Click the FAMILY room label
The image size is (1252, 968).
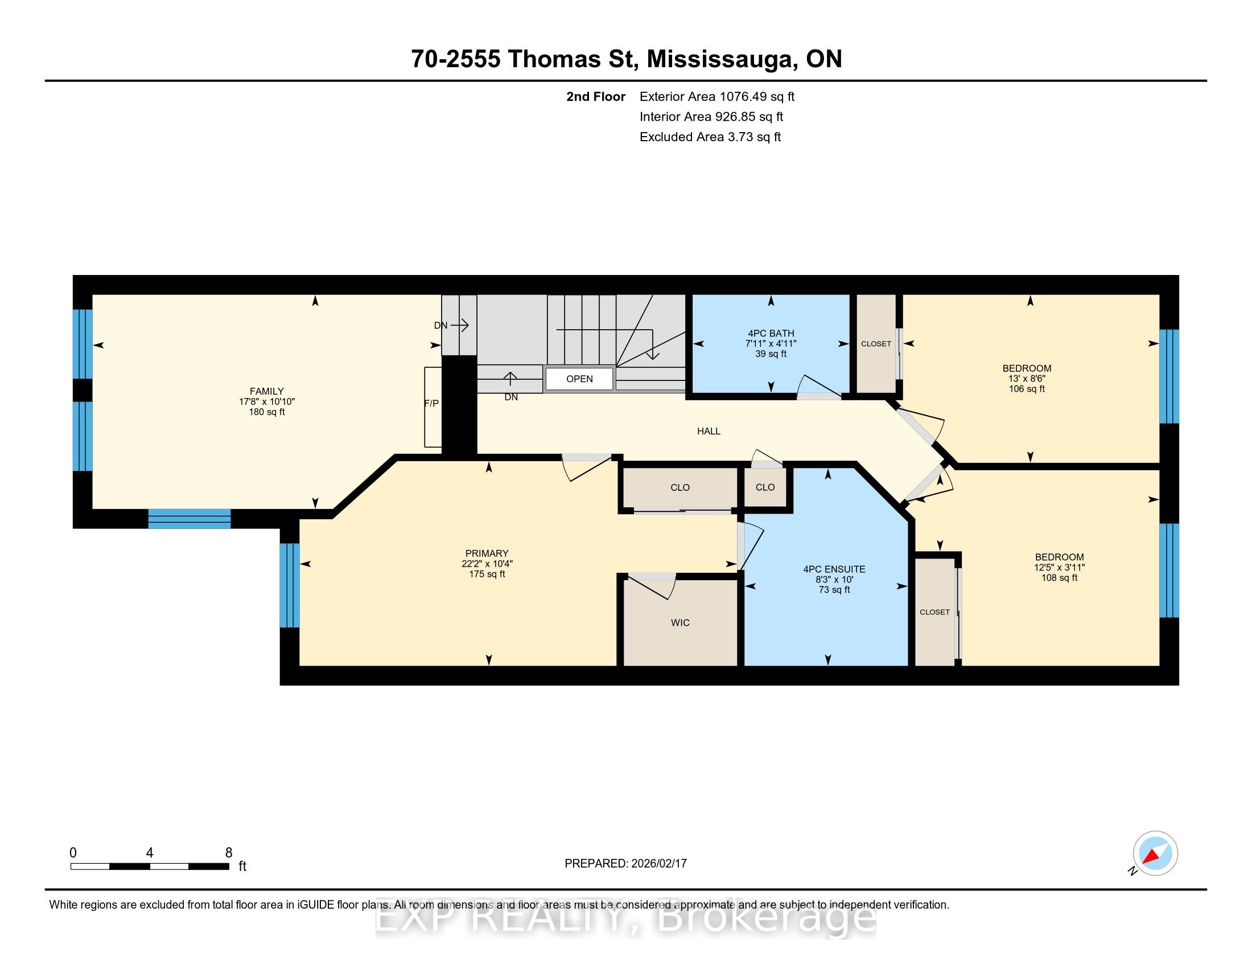click(x=266, y=391)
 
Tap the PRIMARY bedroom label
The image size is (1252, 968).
click(x=487, y=553)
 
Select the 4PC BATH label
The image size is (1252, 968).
click(x=771, y=333)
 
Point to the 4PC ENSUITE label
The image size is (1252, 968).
click(x=834, y=569)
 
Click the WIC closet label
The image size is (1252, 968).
click(x=681, y=623)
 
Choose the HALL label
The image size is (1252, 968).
click(x=709, y=431)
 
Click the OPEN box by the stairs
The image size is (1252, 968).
click(x=579, y=379)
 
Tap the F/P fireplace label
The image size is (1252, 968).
click(x=431, y=404)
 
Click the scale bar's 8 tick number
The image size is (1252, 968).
click(x=229, y=853)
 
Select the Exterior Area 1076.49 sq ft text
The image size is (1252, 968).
click(x=717, y=97)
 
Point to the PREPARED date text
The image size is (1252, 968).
click(x=625, y=864)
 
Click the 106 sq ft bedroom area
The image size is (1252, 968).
click(x=1027, y=389)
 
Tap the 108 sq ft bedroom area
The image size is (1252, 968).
click(x=1060, y=578)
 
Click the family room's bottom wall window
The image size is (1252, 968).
click(x=189, y=518)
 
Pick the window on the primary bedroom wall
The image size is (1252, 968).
click(x=290, y=585)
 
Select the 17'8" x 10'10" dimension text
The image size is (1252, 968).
click(x=266, y=402)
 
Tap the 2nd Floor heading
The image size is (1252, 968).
click(x=596, y=97)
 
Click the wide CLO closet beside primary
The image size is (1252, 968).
click(x=680, y=487)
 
